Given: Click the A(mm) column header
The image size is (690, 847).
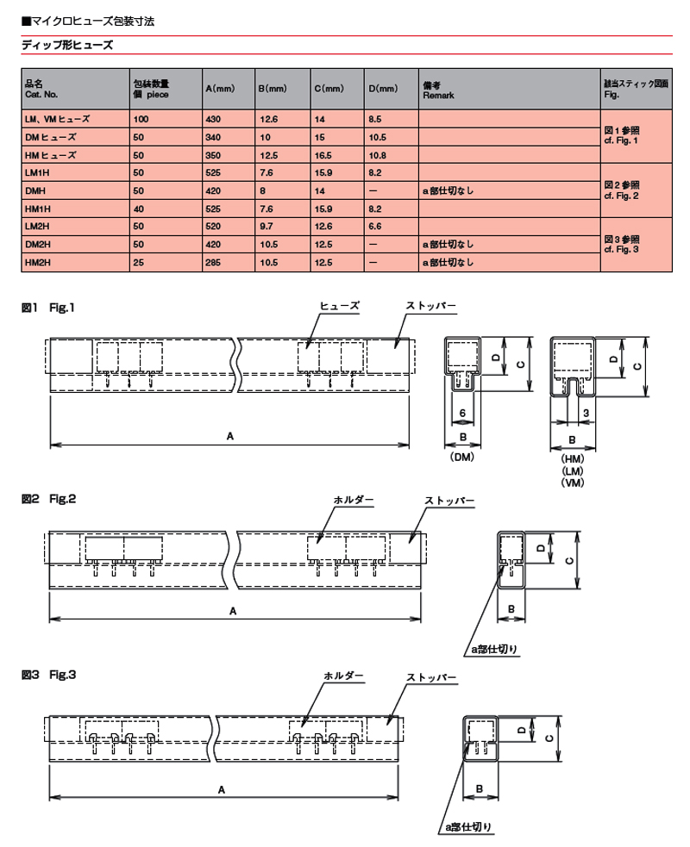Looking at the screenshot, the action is pos(220,89).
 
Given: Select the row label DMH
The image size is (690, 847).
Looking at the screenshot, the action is pos(35,190).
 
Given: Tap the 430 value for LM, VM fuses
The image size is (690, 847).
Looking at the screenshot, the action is pos(214,119).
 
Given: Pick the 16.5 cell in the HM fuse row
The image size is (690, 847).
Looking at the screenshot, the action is pos(323,155).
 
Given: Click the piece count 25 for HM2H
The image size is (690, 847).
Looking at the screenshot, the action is pos(139,263).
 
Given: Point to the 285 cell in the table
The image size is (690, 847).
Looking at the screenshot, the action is pos(213,263).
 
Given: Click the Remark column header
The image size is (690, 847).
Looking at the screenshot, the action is pos(438,90).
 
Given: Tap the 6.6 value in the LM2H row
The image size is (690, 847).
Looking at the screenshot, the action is pos(374,227).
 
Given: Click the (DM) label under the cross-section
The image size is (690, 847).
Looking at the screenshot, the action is pos(461,457).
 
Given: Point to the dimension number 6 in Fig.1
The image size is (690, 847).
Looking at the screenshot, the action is pos(462,414).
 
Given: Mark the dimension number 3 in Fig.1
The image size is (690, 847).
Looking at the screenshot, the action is pos(586,414).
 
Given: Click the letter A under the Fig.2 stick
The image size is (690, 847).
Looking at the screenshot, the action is pos(233,611).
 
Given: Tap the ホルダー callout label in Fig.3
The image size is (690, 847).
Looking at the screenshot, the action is pos(343,676).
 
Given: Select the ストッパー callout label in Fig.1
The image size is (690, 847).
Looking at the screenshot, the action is pos(431,306).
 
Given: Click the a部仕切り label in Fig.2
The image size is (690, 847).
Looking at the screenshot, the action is pos(493,649).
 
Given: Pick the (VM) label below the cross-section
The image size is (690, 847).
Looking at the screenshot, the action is pos(573,483).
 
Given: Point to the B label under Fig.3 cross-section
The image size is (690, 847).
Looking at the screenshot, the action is pos(479,788).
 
